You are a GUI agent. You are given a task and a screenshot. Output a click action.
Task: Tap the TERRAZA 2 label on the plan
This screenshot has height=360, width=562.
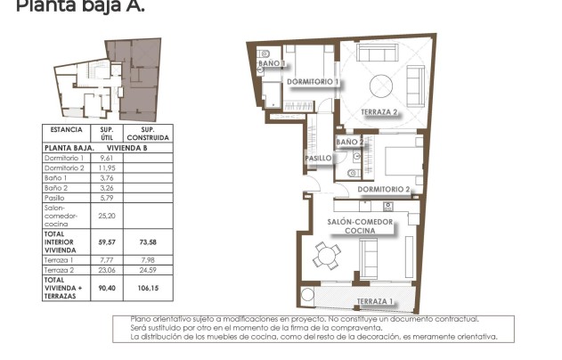point(379,112)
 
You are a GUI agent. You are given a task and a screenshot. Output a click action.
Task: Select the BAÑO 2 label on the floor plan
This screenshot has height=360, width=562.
point(349,142)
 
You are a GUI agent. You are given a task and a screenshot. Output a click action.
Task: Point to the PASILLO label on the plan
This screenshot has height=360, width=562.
point(318,159)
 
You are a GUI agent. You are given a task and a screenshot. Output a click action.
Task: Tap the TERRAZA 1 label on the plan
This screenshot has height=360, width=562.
point(374,301)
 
